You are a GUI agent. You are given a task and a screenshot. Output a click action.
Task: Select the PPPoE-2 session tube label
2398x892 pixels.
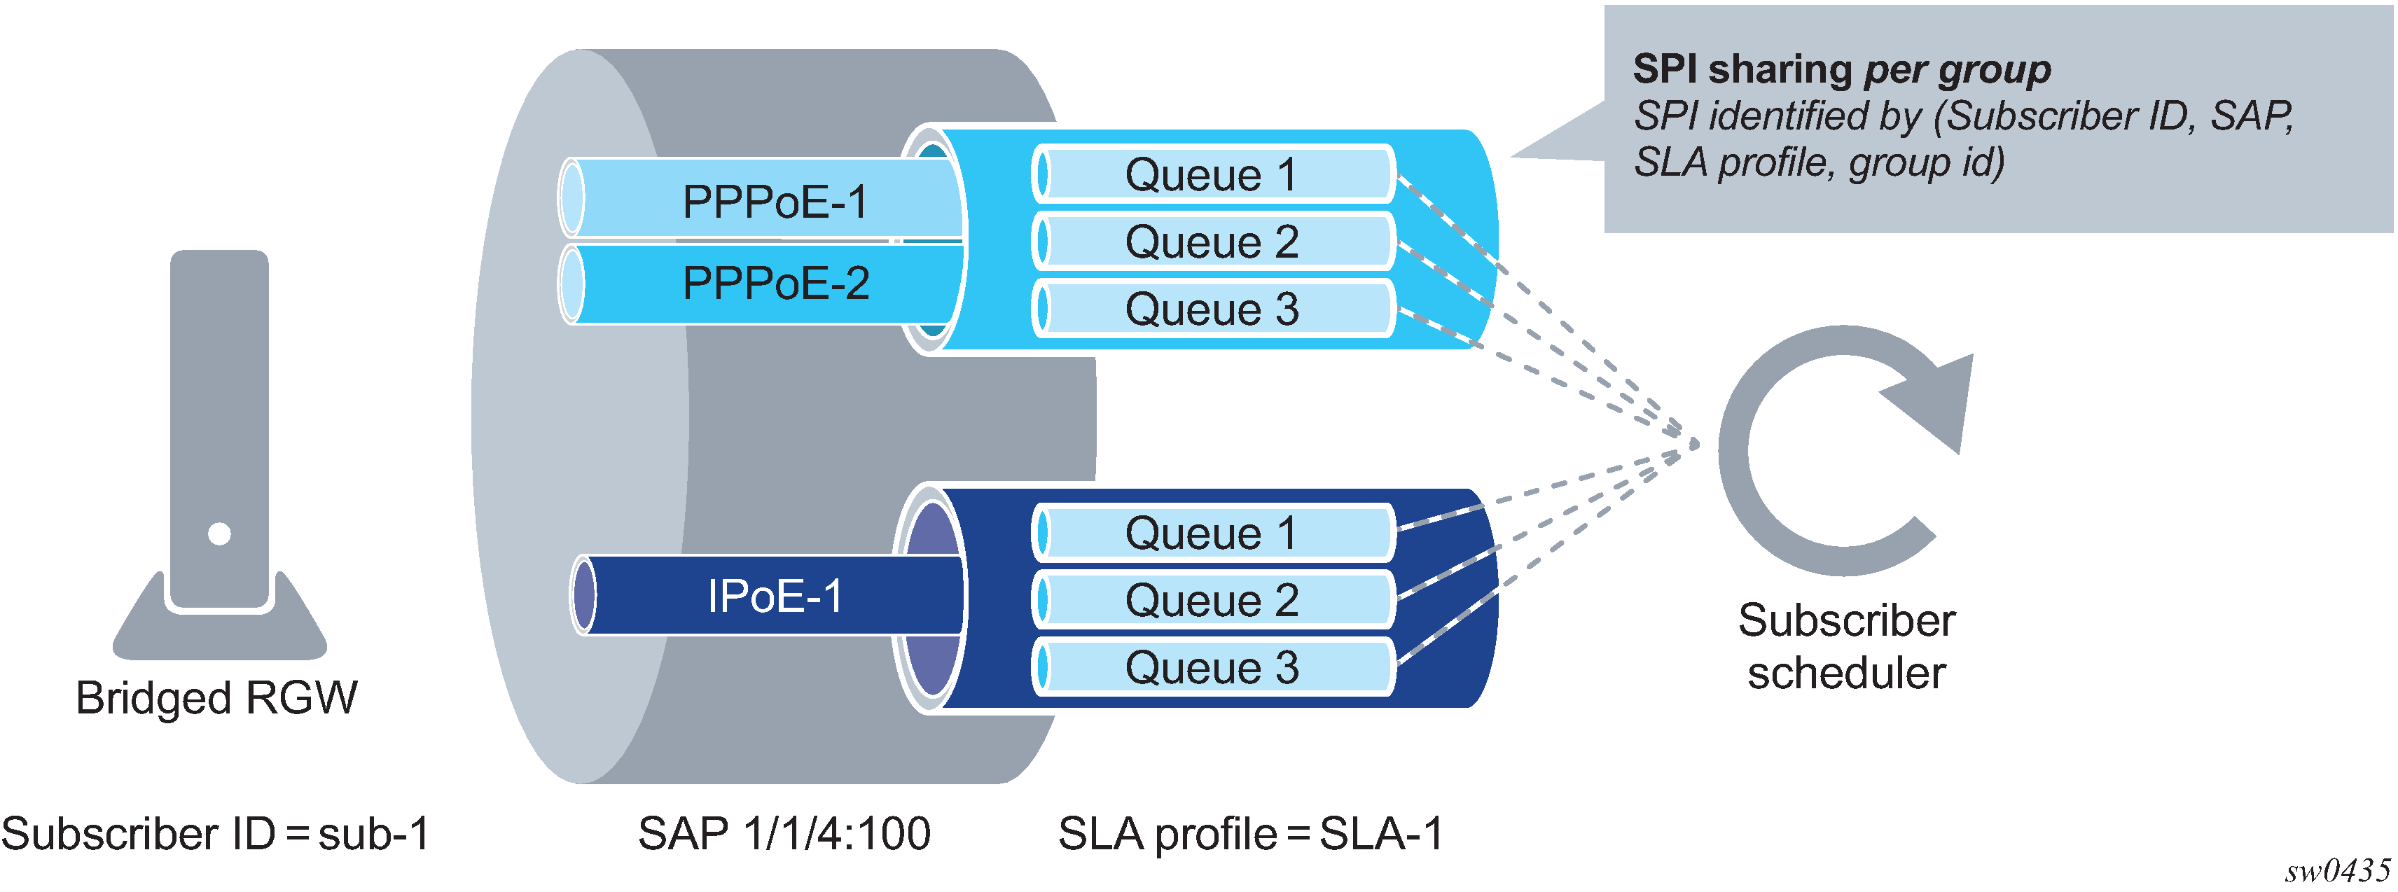(x=775, y=283)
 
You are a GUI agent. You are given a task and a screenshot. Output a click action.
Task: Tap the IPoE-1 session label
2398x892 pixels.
(x=775, y=596)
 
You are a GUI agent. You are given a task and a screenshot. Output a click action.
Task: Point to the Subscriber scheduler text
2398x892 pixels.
(x=1846, y=646)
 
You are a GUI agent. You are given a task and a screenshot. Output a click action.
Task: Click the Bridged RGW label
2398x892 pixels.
(x=216, y=698)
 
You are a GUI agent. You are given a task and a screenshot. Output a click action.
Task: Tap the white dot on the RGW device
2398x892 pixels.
(x=220, y=534)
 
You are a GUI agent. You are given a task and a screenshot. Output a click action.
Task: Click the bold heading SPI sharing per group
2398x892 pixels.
(x=1841, y=70)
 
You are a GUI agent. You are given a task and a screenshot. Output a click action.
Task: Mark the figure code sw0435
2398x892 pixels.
(x=2336, y=870)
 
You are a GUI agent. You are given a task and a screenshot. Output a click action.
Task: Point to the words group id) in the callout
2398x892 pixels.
(x=1926, y=163)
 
